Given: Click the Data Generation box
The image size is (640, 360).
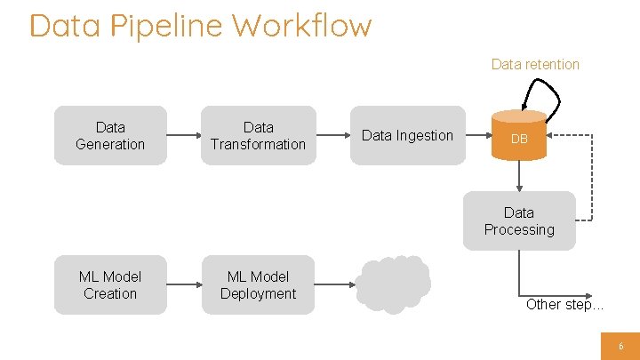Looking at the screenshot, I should click(x=110, y=136).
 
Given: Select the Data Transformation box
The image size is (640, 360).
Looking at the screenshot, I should click(x=258, y=136).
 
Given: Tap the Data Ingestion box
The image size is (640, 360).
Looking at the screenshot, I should click(x=407, y=136).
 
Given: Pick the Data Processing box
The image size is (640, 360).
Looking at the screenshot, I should click(x=519, y=221).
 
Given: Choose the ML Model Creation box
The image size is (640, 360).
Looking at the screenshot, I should click(x=110, y=285).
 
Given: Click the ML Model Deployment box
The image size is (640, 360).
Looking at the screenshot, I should click(x=258, y=285).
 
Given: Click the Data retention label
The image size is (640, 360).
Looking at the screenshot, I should click(x=535, y=64).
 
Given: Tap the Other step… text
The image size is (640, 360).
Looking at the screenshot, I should click(x=564, y=304).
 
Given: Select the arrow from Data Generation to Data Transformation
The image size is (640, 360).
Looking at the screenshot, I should click(x=183, y=136).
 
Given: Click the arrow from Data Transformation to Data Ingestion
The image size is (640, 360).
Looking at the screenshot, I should click(x=332, y=136).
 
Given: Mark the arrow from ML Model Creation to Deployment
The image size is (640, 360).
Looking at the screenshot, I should click(x=183, y=285).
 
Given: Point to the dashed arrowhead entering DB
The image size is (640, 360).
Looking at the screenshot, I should click(x=552, y=136).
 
